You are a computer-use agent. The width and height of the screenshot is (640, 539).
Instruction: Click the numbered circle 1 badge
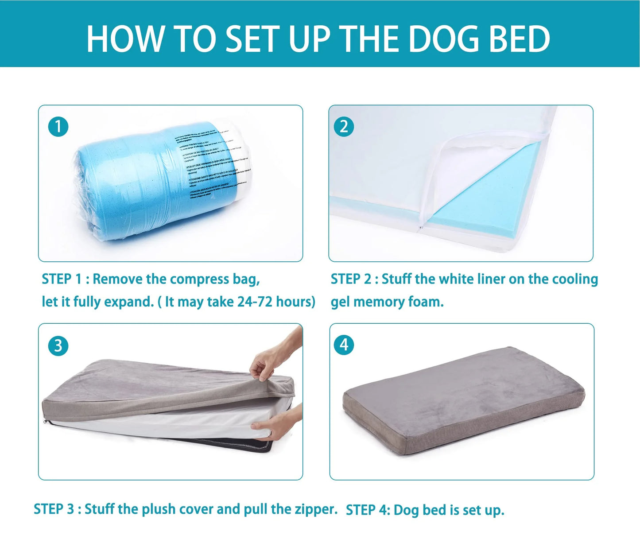(58, 127)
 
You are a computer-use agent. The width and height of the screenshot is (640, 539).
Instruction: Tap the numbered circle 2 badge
(344, 127)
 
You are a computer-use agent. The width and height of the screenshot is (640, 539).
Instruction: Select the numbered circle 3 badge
(58, 345)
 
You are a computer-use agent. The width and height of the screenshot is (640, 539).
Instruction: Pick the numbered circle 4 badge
(344, 345)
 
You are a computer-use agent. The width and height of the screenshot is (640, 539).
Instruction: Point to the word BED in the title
(519, 39)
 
